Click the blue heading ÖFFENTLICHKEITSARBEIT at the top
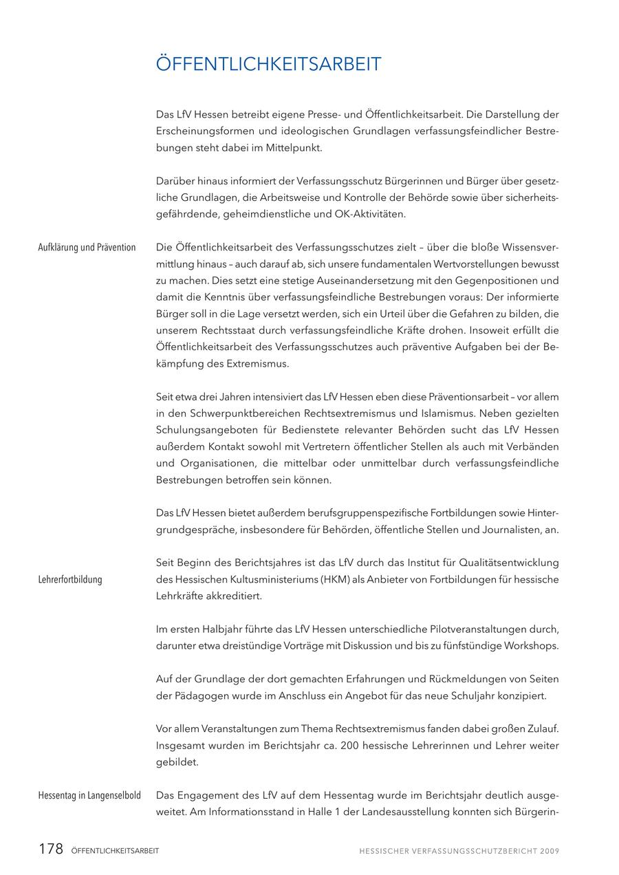[x=268, y=65]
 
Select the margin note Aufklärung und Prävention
[x=87, y=248]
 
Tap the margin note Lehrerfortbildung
[x=70, y=579]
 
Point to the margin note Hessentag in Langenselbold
[x=89, y=796]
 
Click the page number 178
[x=51, y=849]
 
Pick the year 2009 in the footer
[x=550, y=851]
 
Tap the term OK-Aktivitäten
[x=371, y=214]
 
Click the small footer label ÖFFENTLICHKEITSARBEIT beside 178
[x=115, y=851]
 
